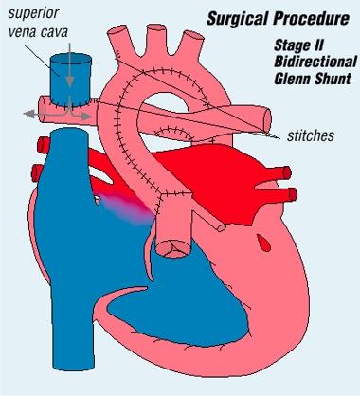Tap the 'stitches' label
pos(309,136)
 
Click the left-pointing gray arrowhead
pos(28,114)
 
